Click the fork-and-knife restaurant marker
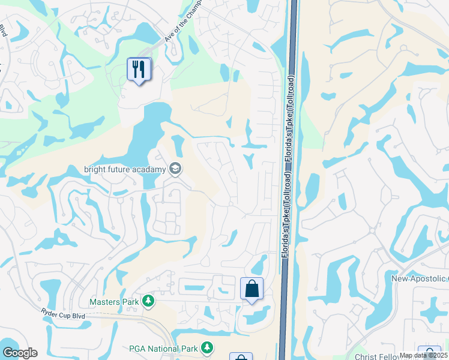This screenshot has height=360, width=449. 139,70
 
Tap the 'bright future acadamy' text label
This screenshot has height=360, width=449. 124,169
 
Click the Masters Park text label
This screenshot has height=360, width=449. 114,302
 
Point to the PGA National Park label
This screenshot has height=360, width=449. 163,347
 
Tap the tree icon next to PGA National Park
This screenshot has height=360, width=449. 207,347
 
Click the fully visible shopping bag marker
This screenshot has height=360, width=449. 252,289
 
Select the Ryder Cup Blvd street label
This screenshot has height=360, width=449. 64,314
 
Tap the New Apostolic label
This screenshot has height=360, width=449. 419,278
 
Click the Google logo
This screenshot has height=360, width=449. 20,352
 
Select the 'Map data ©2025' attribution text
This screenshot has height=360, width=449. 423,355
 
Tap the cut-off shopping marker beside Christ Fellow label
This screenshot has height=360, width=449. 430,353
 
